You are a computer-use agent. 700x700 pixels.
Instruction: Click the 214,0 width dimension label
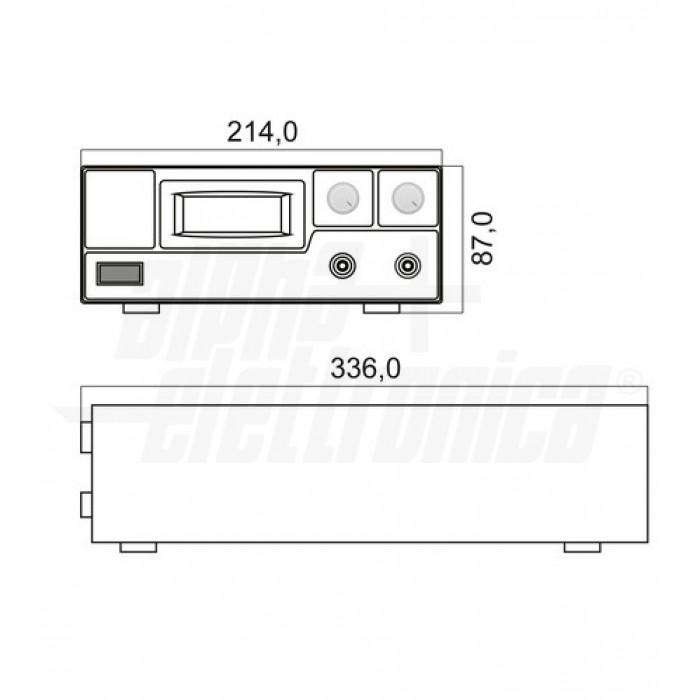(x=262, y=131)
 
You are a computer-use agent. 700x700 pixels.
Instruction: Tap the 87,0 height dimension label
(x=483, y=238)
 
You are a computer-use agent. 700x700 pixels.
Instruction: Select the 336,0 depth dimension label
(x=365, y=369)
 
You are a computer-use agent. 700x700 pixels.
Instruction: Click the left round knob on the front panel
(x=343, y=198)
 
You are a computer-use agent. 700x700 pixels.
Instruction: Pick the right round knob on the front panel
(x=407, y=198)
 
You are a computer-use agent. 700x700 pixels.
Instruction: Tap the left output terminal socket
(x=343, y=266)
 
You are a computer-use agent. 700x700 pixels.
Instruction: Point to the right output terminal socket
(x=407, y=266)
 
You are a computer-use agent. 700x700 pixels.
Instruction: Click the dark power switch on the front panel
(x=119, y=274)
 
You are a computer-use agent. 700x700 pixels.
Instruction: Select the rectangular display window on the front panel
(x=233, y=213)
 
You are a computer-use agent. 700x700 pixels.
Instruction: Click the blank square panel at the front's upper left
(x=119, y=208)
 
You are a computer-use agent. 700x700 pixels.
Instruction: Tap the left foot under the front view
(x=141, y=308)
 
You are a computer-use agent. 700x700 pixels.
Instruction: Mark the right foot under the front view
(x=381, y=308)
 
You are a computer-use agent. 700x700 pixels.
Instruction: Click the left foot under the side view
(x=138, y=547)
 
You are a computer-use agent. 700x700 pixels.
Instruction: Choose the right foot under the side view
(x=582, y=547)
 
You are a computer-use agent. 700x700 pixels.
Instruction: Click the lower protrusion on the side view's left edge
(x=86, y=504)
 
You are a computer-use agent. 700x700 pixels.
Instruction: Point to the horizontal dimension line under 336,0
(x=365, y=388)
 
